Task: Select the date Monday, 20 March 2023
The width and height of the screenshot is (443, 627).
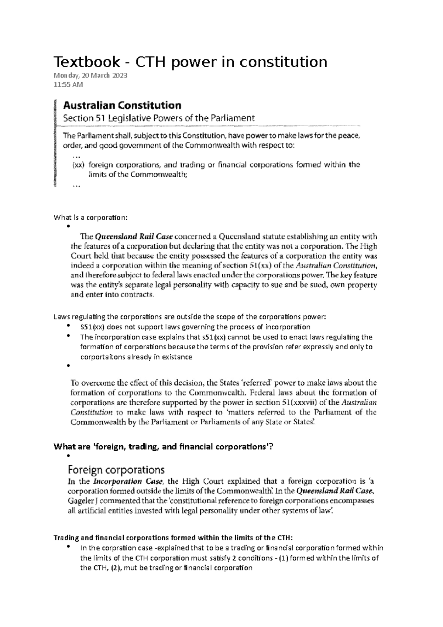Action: pyautogui.click(x=90, y=76)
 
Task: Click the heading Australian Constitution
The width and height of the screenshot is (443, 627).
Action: pyautogui.click(x=122, y=106)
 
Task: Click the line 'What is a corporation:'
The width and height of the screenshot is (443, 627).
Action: pyautogui.click(x=90, y=217)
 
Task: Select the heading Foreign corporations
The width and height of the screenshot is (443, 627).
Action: pyautogui.click(x=116, y=470)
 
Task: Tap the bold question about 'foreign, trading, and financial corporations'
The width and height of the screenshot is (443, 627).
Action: pyautogui.click(x=163, y=447)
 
